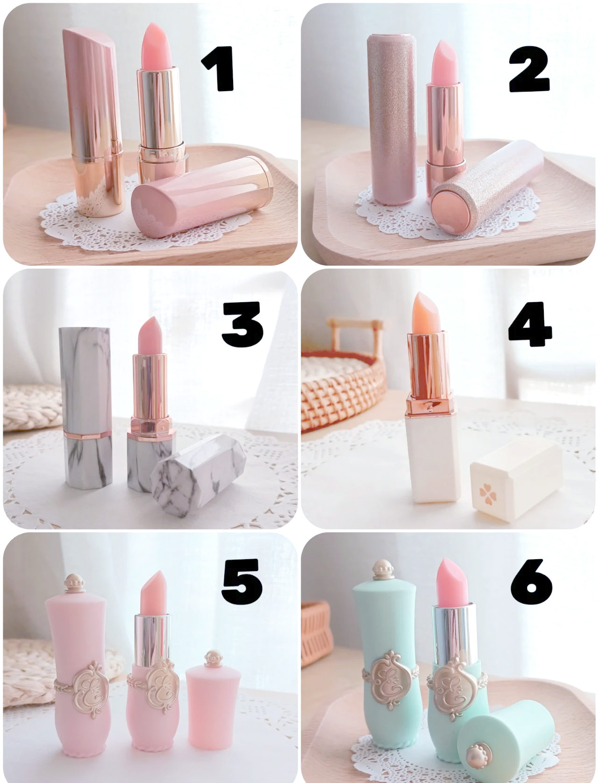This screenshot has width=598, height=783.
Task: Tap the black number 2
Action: [529, 69]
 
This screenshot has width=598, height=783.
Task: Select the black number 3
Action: [242, 324]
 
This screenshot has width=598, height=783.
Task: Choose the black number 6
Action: [531, 582]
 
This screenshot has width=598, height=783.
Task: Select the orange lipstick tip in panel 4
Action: [427, 312]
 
